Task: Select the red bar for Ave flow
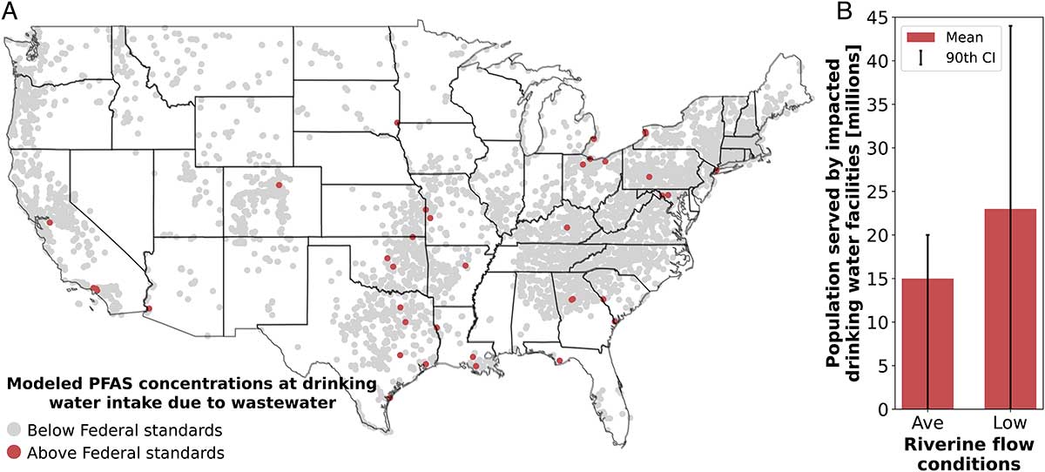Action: [928, 343]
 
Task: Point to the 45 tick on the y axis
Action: [885, 17]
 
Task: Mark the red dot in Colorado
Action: [279, 185]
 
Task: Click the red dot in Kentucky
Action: [567, 227]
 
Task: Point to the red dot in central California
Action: [50, 222]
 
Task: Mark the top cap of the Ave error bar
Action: [928, 235]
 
